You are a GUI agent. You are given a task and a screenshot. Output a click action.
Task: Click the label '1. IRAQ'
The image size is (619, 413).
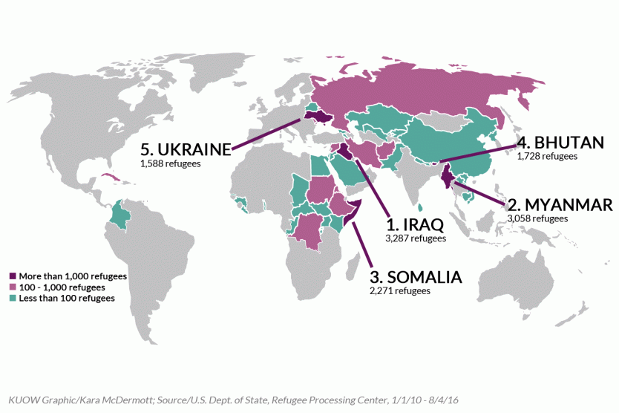pyautogui.click(x=416, y=224)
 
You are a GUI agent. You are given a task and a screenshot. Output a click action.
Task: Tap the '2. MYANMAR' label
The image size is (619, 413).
pyautogui.click(x=560, y=204)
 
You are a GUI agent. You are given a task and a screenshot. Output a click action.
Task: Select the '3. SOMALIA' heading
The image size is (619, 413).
pyautogui.click(x=416, y=277)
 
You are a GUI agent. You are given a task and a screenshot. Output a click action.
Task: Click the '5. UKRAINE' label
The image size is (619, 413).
pyautogui.click(x=186, y=149)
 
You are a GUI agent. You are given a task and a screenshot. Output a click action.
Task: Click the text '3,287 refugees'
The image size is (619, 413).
pyautogui.click(x=416, y=239)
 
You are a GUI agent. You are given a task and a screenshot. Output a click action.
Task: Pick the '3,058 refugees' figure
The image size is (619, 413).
pyautogui.click(x=537, y=219)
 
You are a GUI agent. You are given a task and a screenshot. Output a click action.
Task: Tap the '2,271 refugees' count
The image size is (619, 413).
pyautogui.click(x=399, y=291)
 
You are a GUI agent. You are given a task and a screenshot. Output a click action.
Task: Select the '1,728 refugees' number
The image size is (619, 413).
pyautogui.click(x=547, y=157)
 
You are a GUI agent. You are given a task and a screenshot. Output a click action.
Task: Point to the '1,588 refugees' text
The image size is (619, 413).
pyautogui.click(x=170, y=163)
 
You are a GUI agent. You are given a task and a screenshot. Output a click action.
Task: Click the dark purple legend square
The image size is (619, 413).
pyautogui.click(x=12, y=276)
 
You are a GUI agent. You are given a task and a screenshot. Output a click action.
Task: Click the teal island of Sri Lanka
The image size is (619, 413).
pyautogui.click(x=421, y=208)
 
